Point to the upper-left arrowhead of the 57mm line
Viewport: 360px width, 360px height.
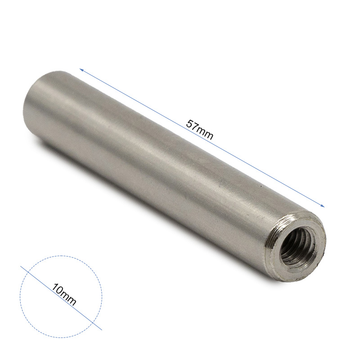(x=81, y=69)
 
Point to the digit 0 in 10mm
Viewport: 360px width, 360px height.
(x=59, y=291)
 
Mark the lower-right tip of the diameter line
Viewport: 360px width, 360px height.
(x=102, y=330)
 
